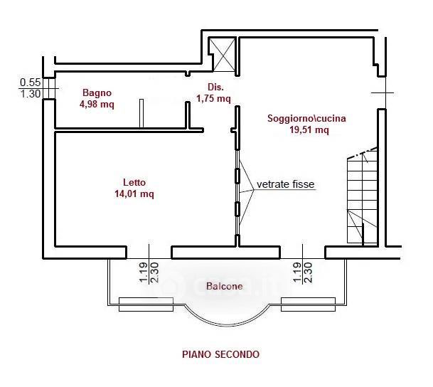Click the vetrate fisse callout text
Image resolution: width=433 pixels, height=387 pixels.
(286, 184)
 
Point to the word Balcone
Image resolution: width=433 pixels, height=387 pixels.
(224, 287)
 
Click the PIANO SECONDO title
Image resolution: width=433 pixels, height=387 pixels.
(220, 354)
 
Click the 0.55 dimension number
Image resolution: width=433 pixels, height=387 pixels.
(30, 83)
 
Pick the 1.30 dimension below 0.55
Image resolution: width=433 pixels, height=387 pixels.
(30, 93)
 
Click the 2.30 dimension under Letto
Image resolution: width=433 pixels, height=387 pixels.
(154, 273)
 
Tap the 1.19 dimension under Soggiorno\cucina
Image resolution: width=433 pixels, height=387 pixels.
(298, 273)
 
